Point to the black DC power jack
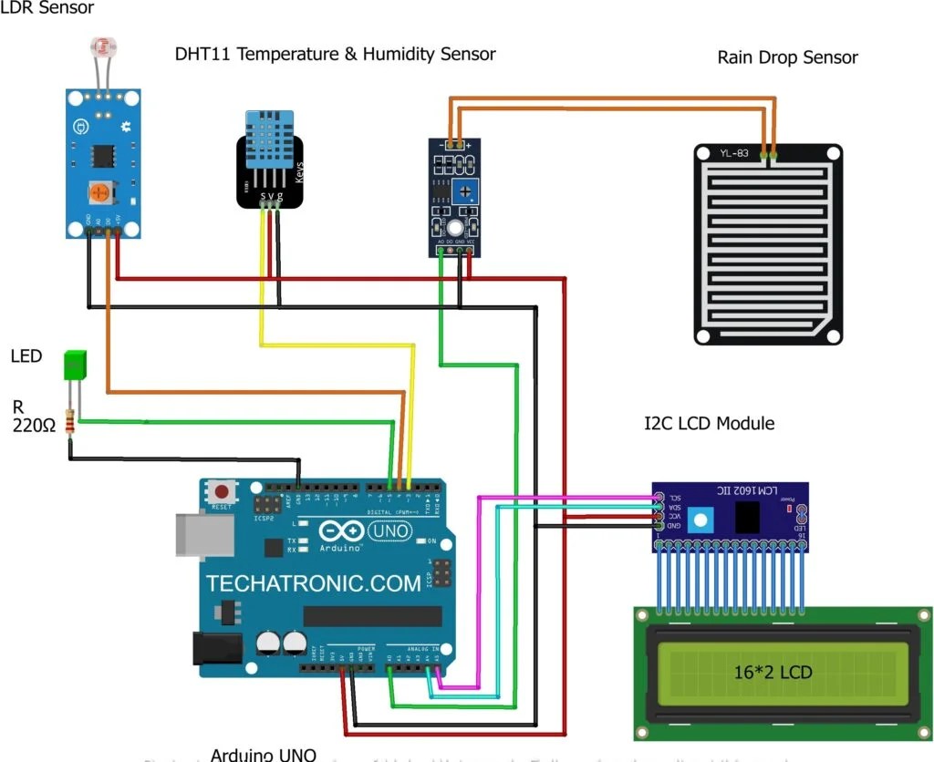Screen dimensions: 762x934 click(x=217, y=649)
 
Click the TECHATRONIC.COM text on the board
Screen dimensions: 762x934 click(x=313, y=584)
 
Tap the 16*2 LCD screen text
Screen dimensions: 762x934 click(x=773, y=674)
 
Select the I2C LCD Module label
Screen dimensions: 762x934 click(x=709, y=423)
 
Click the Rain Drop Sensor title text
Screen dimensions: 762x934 click(x=787, y=57)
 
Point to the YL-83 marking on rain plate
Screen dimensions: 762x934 click(x=736, y=153)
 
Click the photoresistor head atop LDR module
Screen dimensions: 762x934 click(x=102, y=48)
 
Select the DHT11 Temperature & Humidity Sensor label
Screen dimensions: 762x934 click(x=335, y=54)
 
